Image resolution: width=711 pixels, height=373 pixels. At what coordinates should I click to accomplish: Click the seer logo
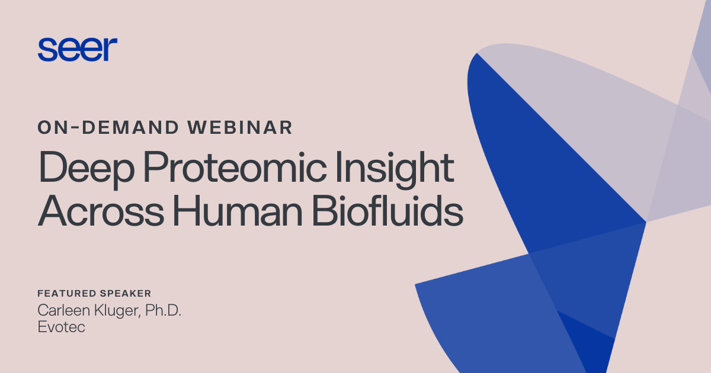coord(78,49)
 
